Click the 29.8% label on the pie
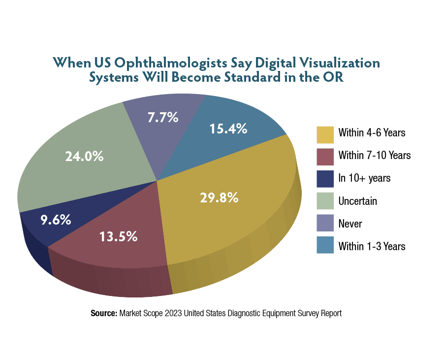[x=219, y=197]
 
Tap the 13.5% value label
[x=117, y=236]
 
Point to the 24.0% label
[x=84, y=156]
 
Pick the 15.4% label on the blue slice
[x=228, y=129]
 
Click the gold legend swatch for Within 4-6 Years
[x=325, y=133]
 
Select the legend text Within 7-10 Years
[x=374, y=155]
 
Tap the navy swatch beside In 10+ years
[x=325, y=178]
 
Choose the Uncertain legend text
[x=357, y=201]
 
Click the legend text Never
[x=350, y=224]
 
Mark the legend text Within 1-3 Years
[x=372, y=246]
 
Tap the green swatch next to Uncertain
[x=325, y=201]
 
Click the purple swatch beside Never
[x=325, y=224]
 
